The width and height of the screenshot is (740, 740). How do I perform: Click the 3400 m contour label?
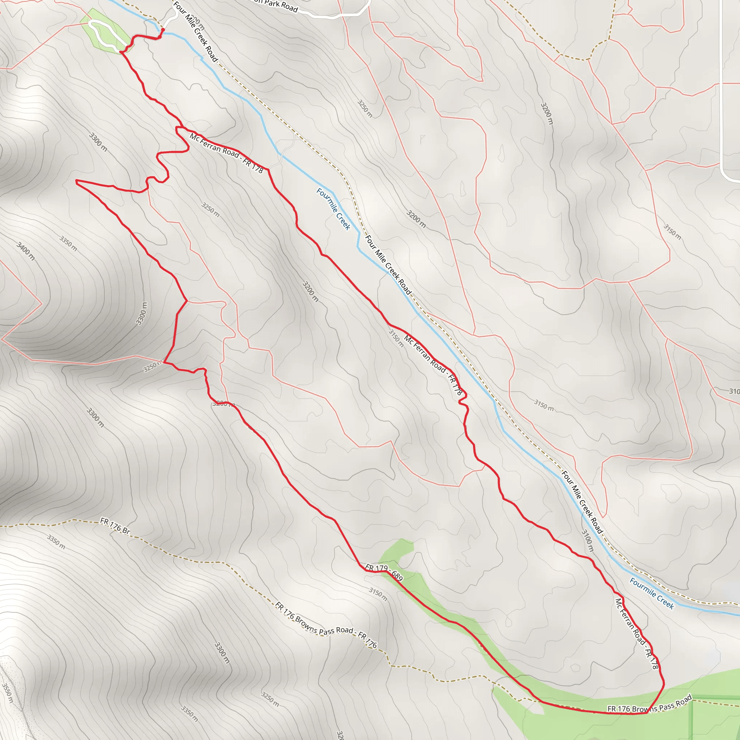(x=26, y=251)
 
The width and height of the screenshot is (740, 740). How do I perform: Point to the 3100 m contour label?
(x=587, y=541)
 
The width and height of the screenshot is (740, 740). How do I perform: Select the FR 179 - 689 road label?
(x=384, y=572)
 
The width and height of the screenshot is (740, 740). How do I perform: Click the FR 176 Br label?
(x=115, y=525)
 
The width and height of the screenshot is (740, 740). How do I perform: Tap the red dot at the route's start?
(x=163, y=30)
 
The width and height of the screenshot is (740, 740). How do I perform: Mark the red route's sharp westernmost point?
(x=77, y=181)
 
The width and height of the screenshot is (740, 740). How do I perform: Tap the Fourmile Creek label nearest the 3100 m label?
(x=651, y=593)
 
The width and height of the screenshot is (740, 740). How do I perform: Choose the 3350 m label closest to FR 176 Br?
(x=56, y=542)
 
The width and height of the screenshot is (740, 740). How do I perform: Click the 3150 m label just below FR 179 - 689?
(x=378, y=594)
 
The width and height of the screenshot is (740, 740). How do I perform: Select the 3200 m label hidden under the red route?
(x=223, y=403)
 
